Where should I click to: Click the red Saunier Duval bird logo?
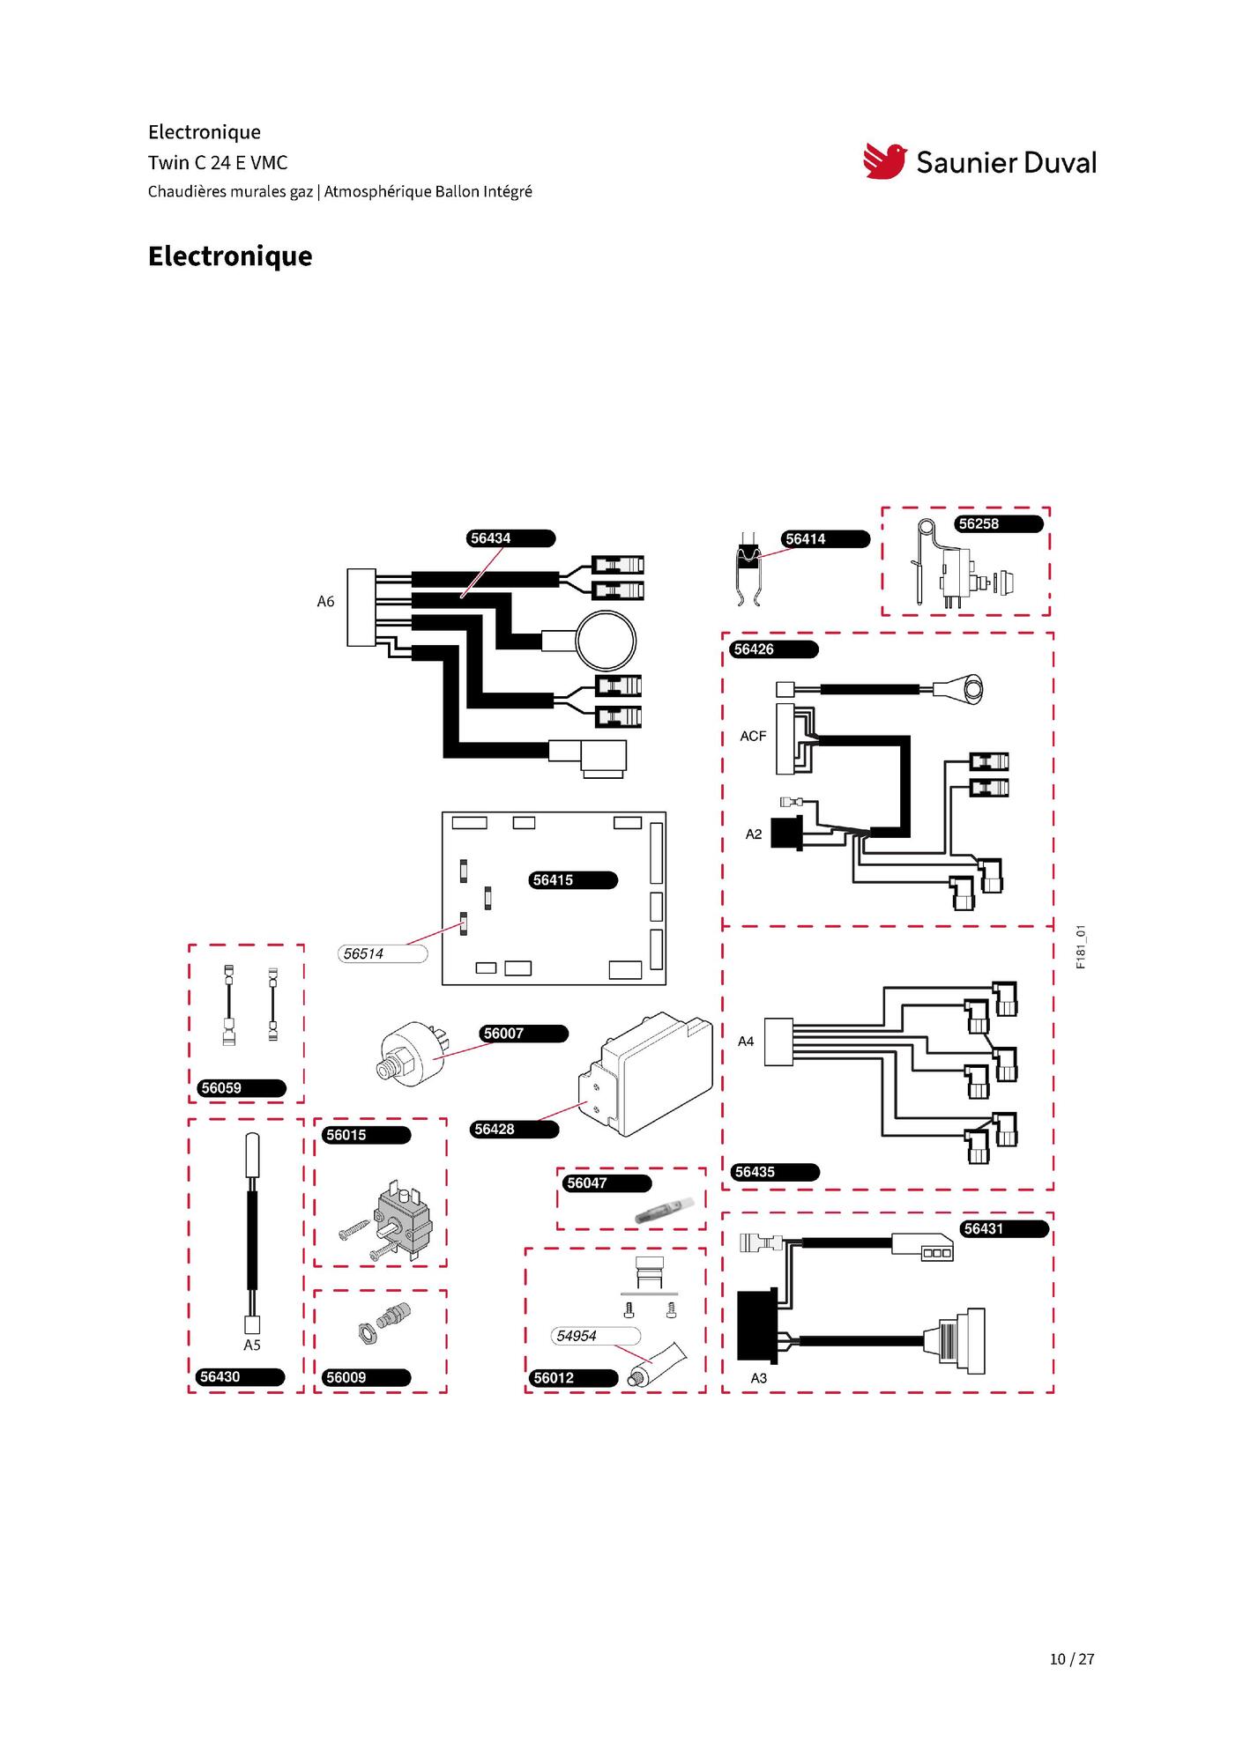pos(885,161)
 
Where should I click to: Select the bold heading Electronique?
pos(230,256)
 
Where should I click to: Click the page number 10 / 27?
pos(1072,1658)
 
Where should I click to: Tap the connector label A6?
pos(325,602)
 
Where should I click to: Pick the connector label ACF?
pos(753,736)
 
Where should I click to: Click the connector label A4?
pos(746,1042)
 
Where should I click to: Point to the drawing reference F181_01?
pos(1081,946)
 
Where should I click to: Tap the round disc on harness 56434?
pos(606,640)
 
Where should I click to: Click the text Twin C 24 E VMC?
pos(218,162)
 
